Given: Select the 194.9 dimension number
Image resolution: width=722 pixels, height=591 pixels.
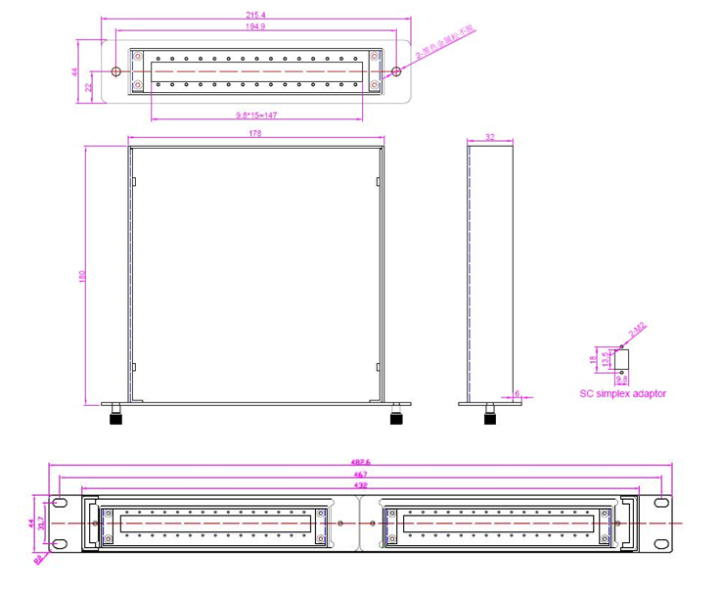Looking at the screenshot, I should coord(256,27).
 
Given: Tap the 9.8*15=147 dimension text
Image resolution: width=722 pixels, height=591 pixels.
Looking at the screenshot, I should coord(255,115).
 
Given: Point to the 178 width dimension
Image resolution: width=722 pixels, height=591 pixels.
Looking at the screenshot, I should coord(255,133).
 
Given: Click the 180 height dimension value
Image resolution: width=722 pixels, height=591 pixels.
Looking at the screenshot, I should coord(82,275).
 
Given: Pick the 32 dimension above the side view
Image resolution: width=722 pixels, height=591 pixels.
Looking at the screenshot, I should coord(490,138).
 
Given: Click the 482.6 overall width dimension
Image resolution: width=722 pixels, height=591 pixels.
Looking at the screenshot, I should coord(360,466).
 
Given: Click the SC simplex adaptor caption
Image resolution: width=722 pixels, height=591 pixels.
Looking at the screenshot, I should coord(623,393).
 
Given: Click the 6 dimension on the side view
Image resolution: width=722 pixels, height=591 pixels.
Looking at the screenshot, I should coord(519,393).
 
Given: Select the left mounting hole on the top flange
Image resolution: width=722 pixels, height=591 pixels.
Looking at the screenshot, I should coord(116,71).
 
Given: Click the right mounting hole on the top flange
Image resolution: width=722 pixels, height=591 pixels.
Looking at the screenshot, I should coord(396,71).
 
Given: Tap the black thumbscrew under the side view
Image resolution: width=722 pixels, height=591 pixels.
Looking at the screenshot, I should coord(489,417).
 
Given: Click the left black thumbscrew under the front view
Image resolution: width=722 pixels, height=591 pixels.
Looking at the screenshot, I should coord(115,417).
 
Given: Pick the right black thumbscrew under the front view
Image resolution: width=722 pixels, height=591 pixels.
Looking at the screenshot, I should coord(396,417).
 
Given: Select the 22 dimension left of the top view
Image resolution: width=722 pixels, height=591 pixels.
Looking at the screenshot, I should coord(88,87).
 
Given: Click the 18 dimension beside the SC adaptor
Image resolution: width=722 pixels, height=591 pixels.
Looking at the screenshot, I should coord(594,359).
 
